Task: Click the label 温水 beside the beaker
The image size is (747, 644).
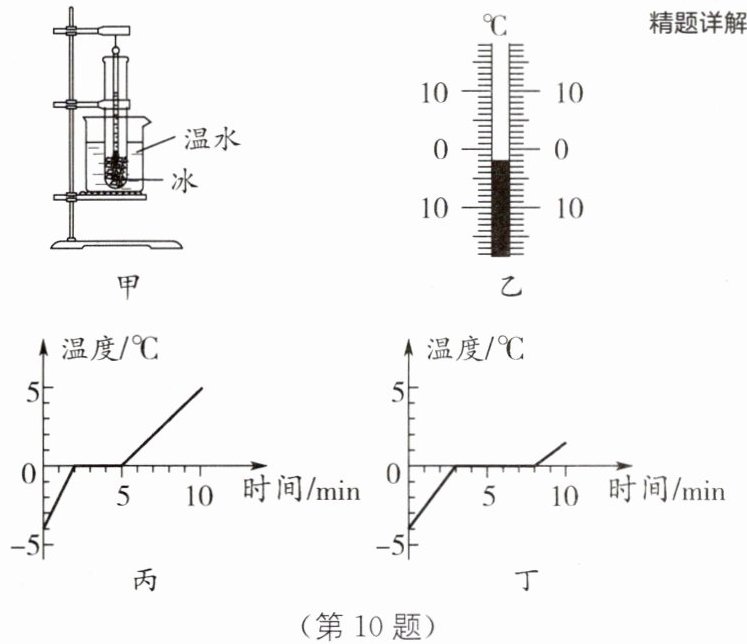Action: point(212,139)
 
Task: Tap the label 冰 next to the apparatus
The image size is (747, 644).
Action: point(184,181)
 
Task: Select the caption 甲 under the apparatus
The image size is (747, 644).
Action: point(128,286)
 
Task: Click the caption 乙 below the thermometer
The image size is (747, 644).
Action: point(511,286)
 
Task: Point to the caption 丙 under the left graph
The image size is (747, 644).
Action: point(144,580)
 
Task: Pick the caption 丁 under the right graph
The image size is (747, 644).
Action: point(525,580)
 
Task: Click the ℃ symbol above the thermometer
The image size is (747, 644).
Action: point(495,25)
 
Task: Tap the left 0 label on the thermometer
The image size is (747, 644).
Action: point(441,150)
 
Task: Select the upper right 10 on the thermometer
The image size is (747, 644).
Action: point(569,93)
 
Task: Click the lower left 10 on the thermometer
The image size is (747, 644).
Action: point(434,208)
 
